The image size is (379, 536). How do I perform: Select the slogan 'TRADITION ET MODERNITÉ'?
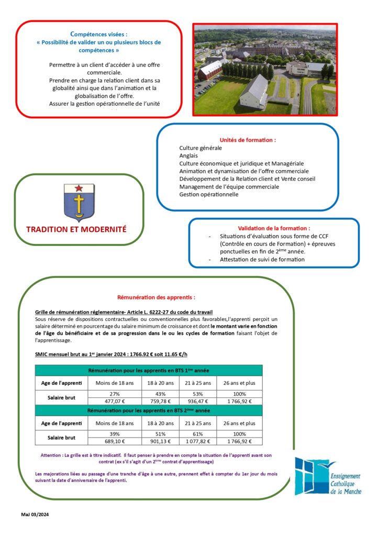[76, 229]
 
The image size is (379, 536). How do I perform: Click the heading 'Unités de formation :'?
[248, 140]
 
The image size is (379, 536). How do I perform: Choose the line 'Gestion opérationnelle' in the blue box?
[208, 194]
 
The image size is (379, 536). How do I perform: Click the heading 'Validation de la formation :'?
[273, 228]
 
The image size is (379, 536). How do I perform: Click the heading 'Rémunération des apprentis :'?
[155, 297]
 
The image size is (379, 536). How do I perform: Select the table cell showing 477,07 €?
[115, 401]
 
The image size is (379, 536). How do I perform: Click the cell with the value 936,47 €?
[198, 401]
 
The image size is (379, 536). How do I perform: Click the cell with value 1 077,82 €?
[198, 441]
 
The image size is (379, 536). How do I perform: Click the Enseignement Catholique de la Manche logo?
[327, 476]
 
